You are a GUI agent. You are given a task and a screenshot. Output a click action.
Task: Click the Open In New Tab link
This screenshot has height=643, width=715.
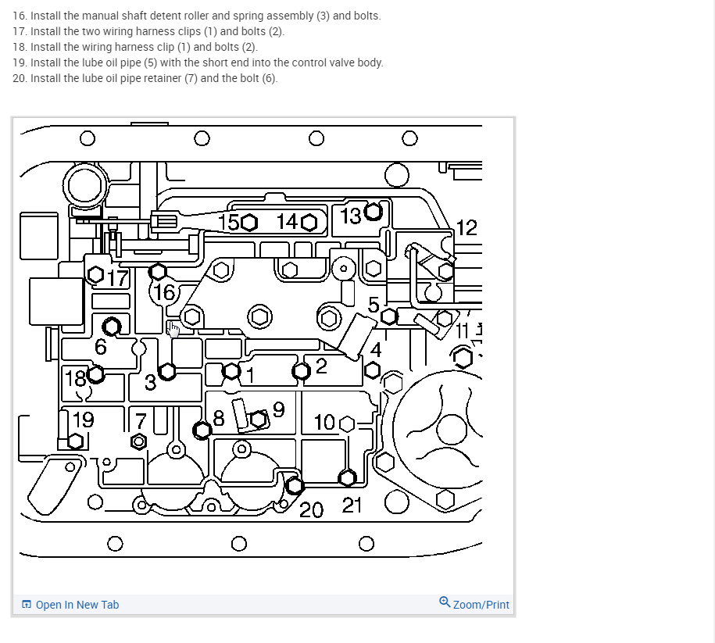[77, 605]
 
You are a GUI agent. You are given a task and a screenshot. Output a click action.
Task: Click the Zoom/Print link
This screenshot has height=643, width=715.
[481, 605]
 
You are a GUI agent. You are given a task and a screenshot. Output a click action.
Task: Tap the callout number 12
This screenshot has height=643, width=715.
[466, 228]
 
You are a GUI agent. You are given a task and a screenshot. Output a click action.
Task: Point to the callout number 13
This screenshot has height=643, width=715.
[352, 216]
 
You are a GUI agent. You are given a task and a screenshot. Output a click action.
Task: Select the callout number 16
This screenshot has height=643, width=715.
[165, 293]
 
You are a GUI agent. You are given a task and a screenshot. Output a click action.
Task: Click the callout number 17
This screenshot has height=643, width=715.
[117, 278]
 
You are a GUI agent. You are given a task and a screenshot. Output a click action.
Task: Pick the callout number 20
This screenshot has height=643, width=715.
[312, 511]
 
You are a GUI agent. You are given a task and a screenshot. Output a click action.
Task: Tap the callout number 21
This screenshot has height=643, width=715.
[352, 505]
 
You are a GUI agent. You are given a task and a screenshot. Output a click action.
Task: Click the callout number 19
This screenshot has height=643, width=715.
[83, 420]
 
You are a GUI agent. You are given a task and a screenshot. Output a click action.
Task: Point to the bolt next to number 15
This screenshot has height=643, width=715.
[248, 223]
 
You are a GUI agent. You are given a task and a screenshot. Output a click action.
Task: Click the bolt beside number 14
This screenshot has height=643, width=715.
[308, 223]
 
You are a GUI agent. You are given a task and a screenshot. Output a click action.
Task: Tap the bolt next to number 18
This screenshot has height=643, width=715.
[96, 374]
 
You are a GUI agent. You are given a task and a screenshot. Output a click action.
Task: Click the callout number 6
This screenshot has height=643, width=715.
[101, 346]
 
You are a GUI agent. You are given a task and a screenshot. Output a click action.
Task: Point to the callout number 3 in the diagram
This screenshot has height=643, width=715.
[150, 384]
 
